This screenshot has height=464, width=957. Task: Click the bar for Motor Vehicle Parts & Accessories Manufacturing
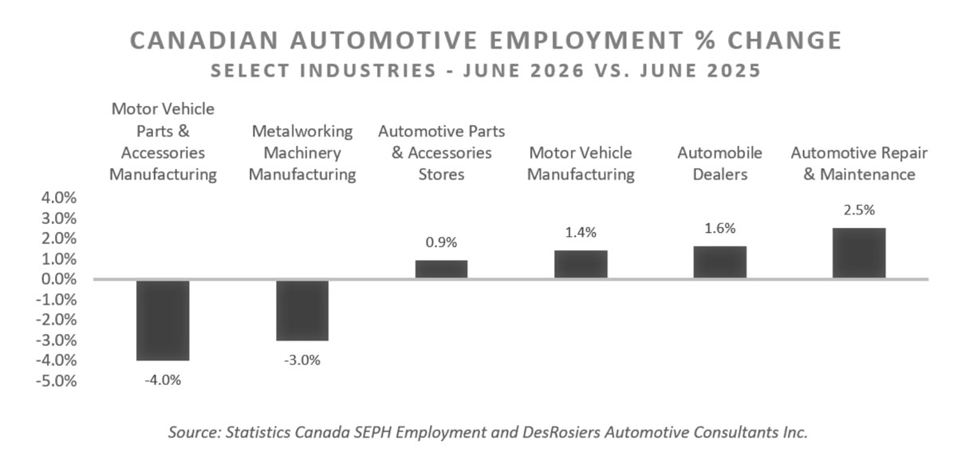[163, 320]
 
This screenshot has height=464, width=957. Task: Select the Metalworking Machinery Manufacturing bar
[302, 311]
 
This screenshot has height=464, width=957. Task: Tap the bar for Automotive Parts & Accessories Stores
[441, 269]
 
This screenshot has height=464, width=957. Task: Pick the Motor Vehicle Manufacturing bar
[581, 264]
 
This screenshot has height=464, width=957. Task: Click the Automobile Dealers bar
[720, 262]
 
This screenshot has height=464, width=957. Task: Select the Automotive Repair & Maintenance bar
[859, 253]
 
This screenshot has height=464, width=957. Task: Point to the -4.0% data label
[163, 379]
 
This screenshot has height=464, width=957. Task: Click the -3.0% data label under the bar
[302, 360]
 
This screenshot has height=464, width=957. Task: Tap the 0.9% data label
[441, 242]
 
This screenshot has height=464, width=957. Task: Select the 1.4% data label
[581, 233]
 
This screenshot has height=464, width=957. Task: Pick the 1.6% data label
[720, 229]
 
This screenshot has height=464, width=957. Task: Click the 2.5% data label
[859, 210]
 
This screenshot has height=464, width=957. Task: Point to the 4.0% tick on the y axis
[59, 198]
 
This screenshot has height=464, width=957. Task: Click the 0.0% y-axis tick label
[59, 279]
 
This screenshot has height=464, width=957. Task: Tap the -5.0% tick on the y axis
[57, 380]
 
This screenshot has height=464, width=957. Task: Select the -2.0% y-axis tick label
[57, 320]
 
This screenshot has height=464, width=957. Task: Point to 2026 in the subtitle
[557, 70]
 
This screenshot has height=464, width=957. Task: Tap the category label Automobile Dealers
[720, 163]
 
